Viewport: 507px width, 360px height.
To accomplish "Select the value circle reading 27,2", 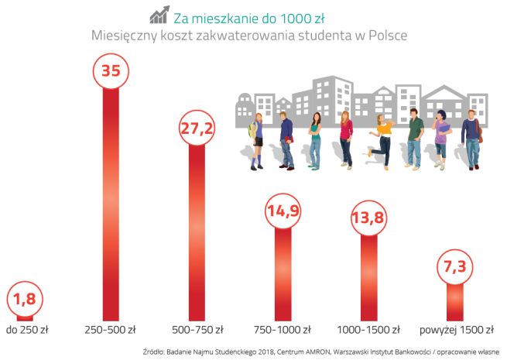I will coord(197,128).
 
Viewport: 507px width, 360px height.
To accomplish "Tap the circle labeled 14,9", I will coord(283,211).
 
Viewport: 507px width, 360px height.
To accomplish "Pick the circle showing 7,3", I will coord(456,267).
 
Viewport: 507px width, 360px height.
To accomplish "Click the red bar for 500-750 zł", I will coord(197,232).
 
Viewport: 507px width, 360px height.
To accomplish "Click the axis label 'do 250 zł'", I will coord(27,329).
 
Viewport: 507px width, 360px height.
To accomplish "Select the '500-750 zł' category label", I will coord(197,329).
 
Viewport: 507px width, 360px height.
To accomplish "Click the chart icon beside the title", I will coord(160,15).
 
